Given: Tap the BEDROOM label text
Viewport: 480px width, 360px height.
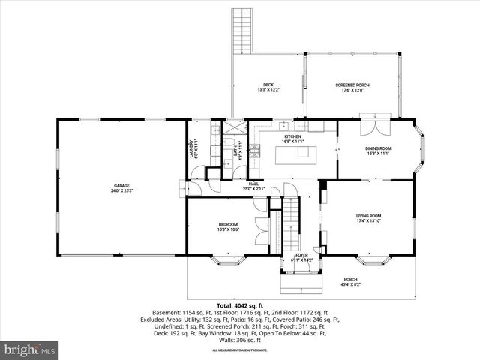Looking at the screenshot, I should [x=228, y=224].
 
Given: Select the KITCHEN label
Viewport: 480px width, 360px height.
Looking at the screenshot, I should [x=292, y=136].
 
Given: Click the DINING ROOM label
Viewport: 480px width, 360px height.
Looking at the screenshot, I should [x=378, y=148].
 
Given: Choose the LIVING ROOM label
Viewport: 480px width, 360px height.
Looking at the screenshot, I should [x=369, y=216].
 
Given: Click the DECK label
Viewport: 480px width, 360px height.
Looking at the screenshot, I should [x=268, y=85].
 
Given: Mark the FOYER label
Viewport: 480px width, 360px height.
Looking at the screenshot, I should [x=301, y=256].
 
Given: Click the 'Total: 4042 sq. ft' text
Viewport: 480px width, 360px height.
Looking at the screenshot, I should [x=239, y=305].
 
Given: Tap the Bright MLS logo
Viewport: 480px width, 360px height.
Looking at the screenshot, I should [x=30, y=349].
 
